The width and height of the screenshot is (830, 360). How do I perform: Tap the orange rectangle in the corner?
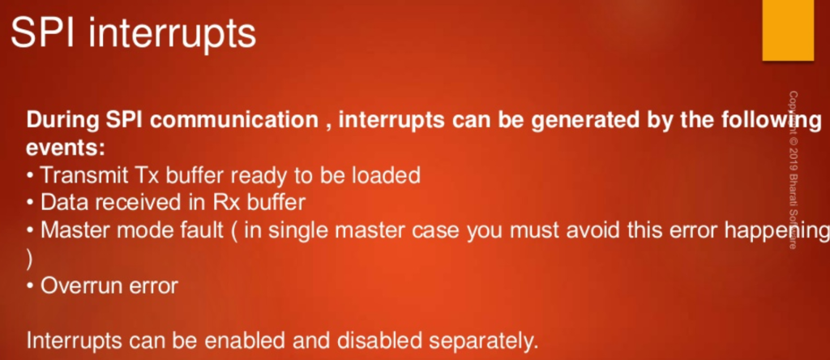click(x=788, y=30)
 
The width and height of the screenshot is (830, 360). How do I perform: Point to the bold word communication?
click(x=233, y=121)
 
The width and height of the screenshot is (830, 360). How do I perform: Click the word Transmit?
click(x=83, y=175)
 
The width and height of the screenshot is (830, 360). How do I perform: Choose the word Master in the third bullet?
click(x=73, y=230)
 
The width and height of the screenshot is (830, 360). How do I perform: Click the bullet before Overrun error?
click(x=31, y=286)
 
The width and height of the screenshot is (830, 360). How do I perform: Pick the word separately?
click(x=481, y=341)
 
